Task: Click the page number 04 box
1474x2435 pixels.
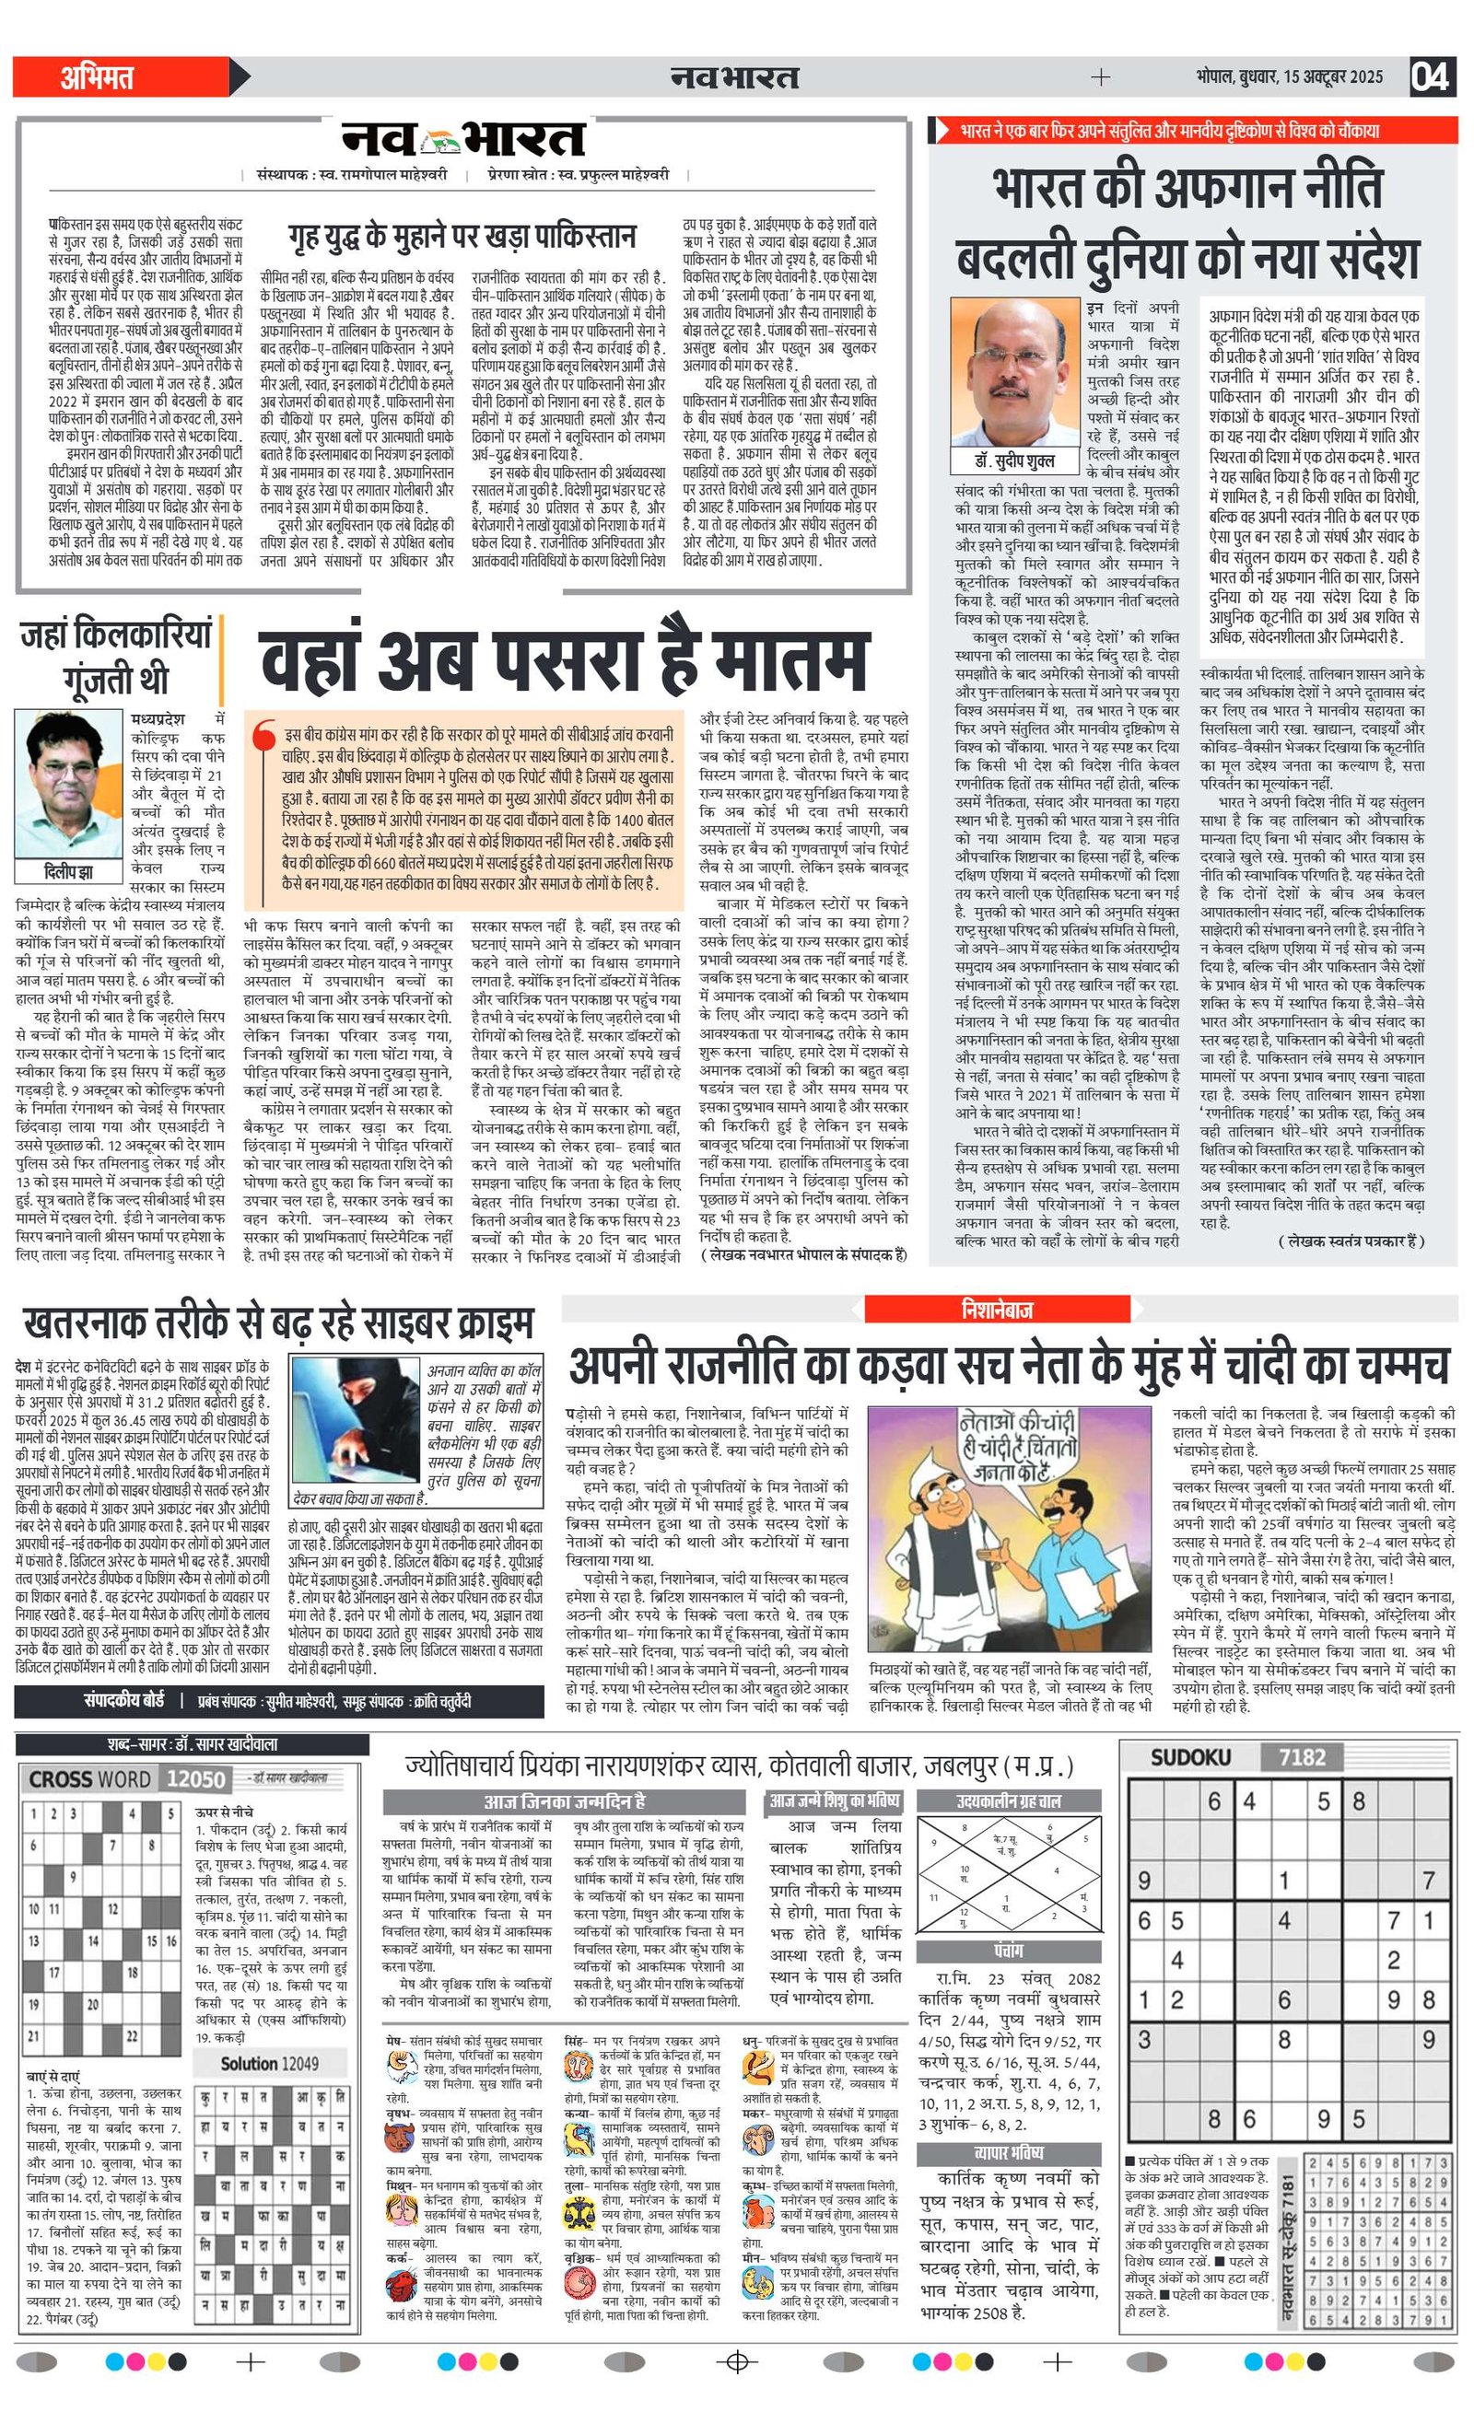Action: click(1431, 76)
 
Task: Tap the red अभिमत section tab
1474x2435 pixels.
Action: click(99, 77)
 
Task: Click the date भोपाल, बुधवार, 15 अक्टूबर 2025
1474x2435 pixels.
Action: click(1289, 77)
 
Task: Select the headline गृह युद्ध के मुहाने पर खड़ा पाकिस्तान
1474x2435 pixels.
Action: click(462, 238)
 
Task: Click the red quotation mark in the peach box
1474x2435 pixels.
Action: click(263, 736)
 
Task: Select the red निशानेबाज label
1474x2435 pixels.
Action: click(996, 1310)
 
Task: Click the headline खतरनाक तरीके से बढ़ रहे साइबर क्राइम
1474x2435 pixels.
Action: click(278, 1323)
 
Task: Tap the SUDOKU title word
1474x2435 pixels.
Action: click(1190, 1757)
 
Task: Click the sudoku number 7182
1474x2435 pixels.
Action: click(1301, 1757)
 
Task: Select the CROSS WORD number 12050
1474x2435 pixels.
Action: click(195, 1778)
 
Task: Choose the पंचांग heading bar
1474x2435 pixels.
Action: click(1009, 1951)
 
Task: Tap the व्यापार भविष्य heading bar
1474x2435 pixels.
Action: click(1009, 2152)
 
